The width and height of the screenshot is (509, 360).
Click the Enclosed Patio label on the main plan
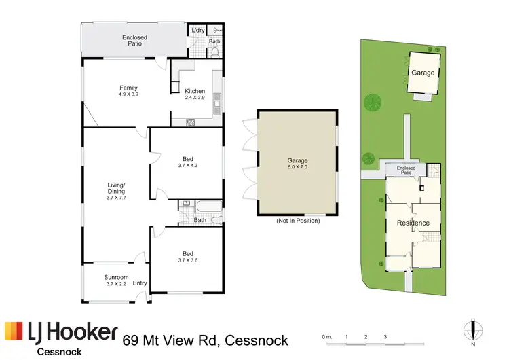click(134, 40)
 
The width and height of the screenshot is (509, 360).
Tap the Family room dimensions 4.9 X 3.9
click(129, 94)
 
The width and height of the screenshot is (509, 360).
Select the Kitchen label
click(195, 91)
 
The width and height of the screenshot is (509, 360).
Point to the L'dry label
click(197, 31)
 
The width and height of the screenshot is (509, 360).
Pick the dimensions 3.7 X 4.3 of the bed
click(186, 165)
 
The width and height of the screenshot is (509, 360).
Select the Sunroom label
click(116, 277)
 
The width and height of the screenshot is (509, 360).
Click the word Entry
click(140, 283)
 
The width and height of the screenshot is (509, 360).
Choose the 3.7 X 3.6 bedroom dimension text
click(186, 260)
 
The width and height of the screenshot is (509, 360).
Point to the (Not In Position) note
click(297, 221)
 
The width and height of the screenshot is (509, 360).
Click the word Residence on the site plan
click(413, 223)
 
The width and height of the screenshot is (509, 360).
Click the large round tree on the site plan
click(372, 103)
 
